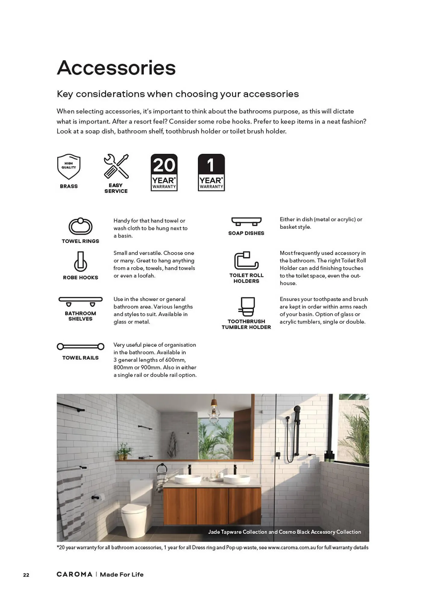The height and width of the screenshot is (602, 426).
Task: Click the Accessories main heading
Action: pyautogui.click(x=116, y=68)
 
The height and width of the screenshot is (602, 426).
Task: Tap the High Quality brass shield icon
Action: pyautogui.click(x=69, y=166)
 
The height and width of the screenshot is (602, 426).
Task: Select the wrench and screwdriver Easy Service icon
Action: pyautogui.click(x=116, y=166)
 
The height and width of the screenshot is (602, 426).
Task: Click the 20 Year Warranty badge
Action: pyautogui.click(x=164, y=172)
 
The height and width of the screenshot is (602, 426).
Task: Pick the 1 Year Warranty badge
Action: pyautogui.click(x=211, y=172)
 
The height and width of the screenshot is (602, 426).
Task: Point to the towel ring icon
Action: pyautogui.click(x=80, y=226)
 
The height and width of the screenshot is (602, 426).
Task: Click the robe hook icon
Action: pyautogui.click(x=80, y=261)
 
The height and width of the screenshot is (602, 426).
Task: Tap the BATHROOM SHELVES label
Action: pyautogui.click(x=80, y=316)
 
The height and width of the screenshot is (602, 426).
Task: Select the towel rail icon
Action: pyautogui.click(x=80, y=346)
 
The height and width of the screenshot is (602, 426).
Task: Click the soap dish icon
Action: pyautogui.click(x=246, y=222)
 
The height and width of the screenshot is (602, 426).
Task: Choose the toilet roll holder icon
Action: pyautogui.click(x=246, y=261)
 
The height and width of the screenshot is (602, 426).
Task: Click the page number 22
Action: pyautogui.click(x=26, y=575)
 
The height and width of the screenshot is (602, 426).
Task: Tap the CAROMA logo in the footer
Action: pyautogui.click(x=74, y=574)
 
